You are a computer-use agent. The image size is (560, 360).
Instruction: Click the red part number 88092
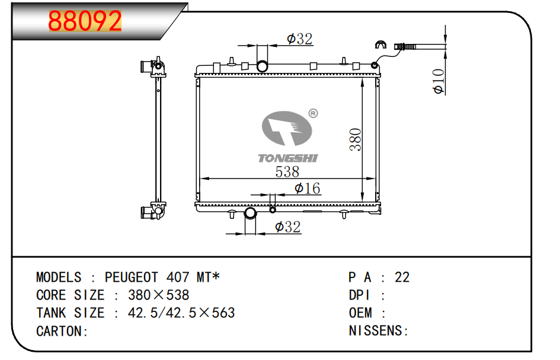point(85,21)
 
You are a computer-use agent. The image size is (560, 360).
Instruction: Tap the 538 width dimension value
point(287,171)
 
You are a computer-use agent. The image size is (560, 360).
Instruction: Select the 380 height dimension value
point(356,139)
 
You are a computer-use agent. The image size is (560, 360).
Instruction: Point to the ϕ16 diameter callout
point(307,189)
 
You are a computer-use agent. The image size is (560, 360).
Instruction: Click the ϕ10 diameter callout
point(438,81)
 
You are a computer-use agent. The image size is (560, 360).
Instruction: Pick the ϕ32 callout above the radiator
point(300,39)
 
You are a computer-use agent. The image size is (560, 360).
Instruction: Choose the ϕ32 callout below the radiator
point(288,227)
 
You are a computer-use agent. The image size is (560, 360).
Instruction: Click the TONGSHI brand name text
point(288,158)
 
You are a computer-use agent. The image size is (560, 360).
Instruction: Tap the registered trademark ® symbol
point(313,113)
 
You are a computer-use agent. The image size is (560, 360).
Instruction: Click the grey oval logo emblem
point(287,128)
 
